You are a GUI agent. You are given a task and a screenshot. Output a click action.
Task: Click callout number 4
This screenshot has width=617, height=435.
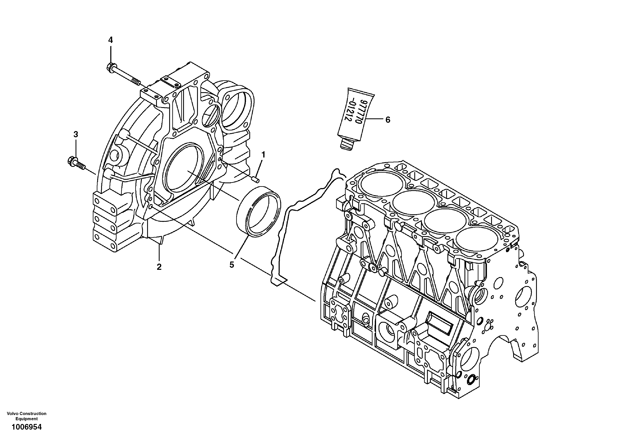click(110, 40)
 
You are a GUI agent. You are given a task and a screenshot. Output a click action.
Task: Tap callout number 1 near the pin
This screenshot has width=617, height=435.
click(263, 155)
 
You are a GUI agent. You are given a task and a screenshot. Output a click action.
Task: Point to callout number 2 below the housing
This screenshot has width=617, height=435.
click(159, 267)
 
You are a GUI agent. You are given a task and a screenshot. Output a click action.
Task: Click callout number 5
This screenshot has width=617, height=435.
click(232, 265)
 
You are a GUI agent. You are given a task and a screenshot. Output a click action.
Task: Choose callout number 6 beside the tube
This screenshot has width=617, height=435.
click(387, 120)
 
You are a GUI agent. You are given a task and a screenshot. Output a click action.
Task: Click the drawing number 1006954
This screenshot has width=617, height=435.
click(26, 427)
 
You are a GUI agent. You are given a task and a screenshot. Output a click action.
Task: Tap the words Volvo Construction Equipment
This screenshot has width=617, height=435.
click(27, 416)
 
